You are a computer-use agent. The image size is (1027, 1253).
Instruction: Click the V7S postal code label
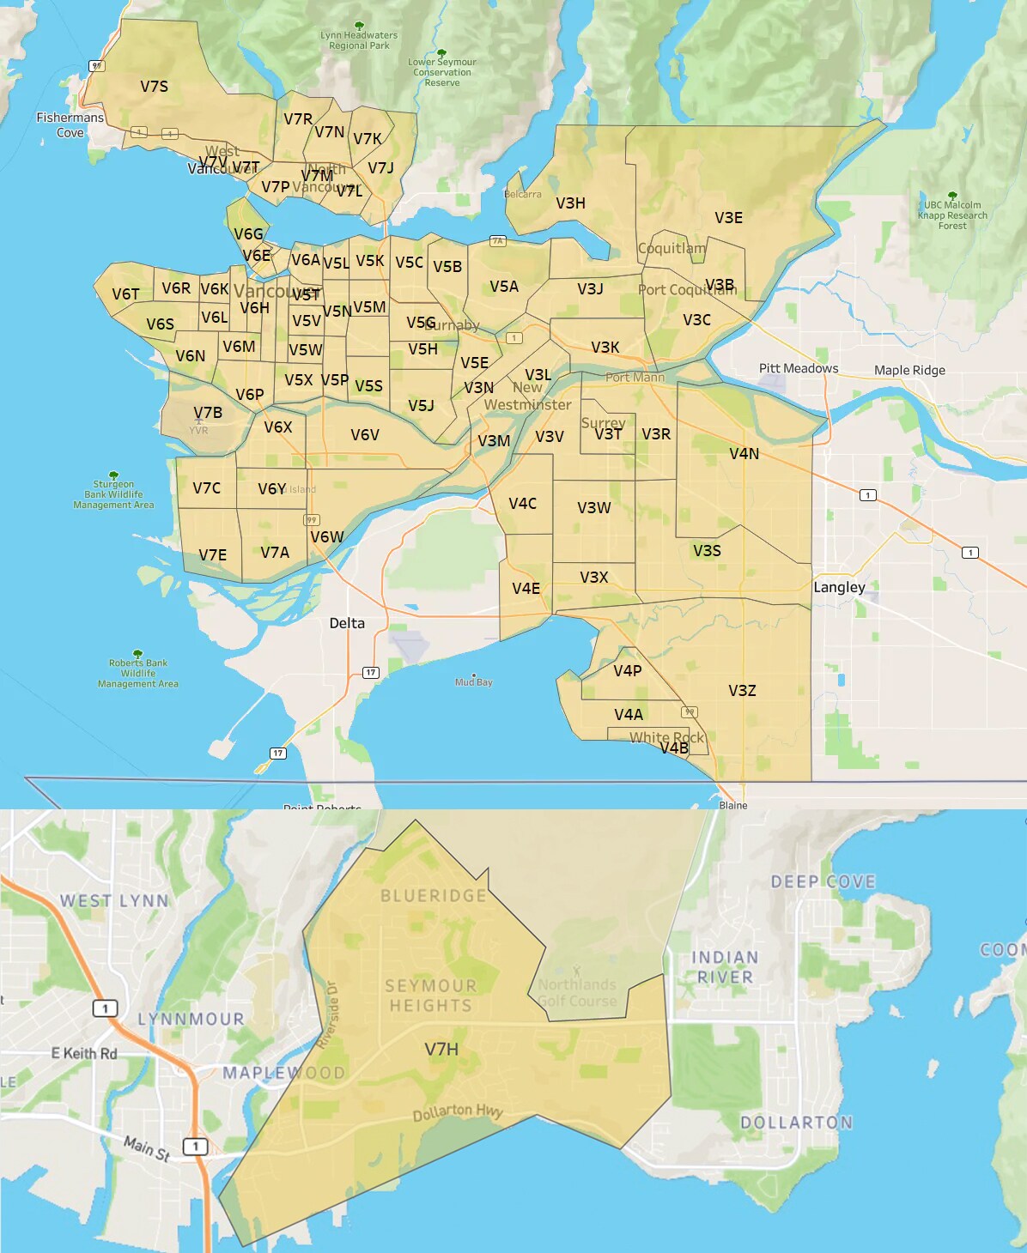coord(155,87)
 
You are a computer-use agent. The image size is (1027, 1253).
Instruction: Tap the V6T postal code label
coord(125,294)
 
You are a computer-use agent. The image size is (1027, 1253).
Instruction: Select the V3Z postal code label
coord(742,691)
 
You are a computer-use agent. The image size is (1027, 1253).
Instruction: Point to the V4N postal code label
coord(744,454)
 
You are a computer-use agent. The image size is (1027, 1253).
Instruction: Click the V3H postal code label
coord(570,203)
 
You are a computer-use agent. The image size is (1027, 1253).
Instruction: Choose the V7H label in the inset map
coord(441,1050)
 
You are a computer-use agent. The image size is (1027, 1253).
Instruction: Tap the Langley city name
coord(839,588)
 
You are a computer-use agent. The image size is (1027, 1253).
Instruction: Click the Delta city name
coord(347,624)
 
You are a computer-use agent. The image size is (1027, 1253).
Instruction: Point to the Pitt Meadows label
coord(798,369)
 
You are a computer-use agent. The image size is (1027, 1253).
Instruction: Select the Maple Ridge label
coord(909,371)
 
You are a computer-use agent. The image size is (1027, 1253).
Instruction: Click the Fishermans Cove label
coord(70,125)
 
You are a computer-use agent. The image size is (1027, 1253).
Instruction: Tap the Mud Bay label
coord(474,682)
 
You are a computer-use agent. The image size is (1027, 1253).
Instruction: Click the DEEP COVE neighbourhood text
coord(823,882)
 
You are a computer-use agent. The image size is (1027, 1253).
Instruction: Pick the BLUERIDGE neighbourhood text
coord(434,896)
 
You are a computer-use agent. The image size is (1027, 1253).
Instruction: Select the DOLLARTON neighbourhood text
coord(796,1123)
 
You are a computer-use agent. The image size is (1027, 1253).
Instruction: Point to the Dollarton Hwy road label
coord(458,1112)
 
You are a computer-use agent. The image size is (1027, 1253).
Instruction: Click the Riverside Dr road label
coord(327,1014)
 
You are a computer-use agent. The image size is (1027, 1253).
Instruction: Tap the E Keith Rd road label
coord(84,1054)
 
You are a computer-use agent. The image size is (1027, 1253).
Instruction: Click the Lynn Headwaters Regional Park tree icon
coord(359,26)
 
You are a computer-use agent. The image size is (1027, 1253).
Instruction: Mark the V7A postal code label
coord(275,553)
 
